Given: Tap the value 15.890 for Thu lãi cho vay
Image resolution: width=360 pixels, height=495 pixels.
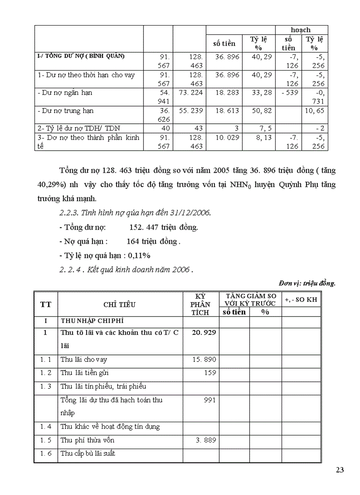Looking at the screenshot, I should (204, 360).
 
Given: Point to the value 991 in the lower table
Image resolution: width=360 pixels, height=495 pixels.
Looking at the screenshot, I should (210, 400).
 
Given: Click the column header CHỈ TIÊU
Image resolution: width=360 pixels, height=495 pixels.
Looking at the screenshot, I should (120, 304).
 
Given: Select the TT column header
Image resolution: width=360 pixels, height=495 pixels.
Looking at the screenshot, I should (45, 304).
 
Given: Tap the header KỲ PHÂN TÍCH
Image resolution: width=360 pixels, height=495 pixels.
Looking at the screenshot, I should (200, 304).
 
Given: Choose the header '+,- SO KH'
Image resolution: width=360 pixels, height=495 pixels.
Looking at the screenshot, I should (301, 300).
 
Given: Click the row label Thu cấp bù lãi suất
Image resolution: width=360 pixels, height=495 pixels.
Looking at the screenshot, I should (88, 454).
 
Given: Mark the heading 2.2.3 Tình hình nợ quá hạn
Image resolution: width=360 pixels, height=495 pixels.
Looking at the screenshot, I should (135, 213).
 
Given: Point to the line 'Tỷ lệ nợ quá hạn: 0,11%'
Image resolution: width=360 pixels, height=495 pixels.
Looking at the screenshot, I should (105, 255).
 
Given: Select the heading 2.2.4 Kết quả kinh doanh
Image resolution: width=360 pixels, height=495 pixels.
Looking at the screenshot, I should (126, 270).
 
